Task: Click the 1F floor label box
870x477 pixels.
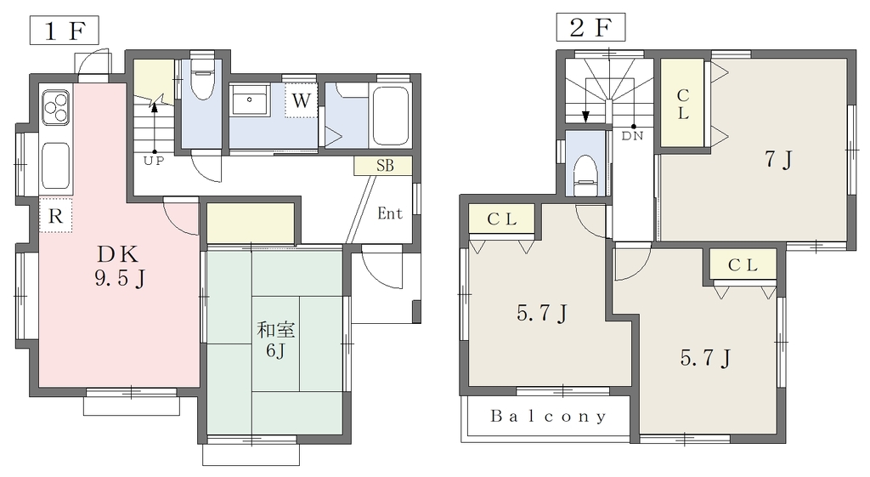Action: click(65, 31)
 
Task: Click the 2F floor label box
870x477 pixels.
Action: click(591, 28)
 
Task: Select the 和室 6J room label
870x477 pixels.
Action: click(275, 340)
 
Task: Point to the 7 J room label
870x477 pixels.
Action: click(778, 159)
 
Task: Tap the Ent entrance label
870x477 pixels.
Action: click(390, 213)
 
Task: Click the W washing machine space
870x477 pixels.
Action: click(301, 100)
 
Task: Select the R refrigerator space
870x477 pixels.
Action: click(55, 215)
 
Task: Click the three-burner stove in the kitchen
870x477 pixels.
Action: click(55, 107)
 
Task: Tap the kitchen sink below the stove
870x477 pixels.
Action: click(55, 166)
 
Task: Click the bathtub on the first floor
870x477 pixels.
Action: click(391, 116)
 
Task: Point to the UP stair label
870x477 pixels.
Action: click(154, 162)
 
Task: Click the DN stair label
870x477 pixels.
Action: click(632, 136)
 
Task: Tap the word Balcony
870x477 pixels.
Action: click(548, 417)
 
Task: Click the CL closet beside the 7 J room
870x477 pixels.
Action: click(682, 103)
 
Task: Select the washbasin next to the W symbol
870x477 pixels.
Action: click(250, 100)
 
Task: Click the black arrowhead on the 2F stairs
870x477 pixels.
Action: click(585, 116)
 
